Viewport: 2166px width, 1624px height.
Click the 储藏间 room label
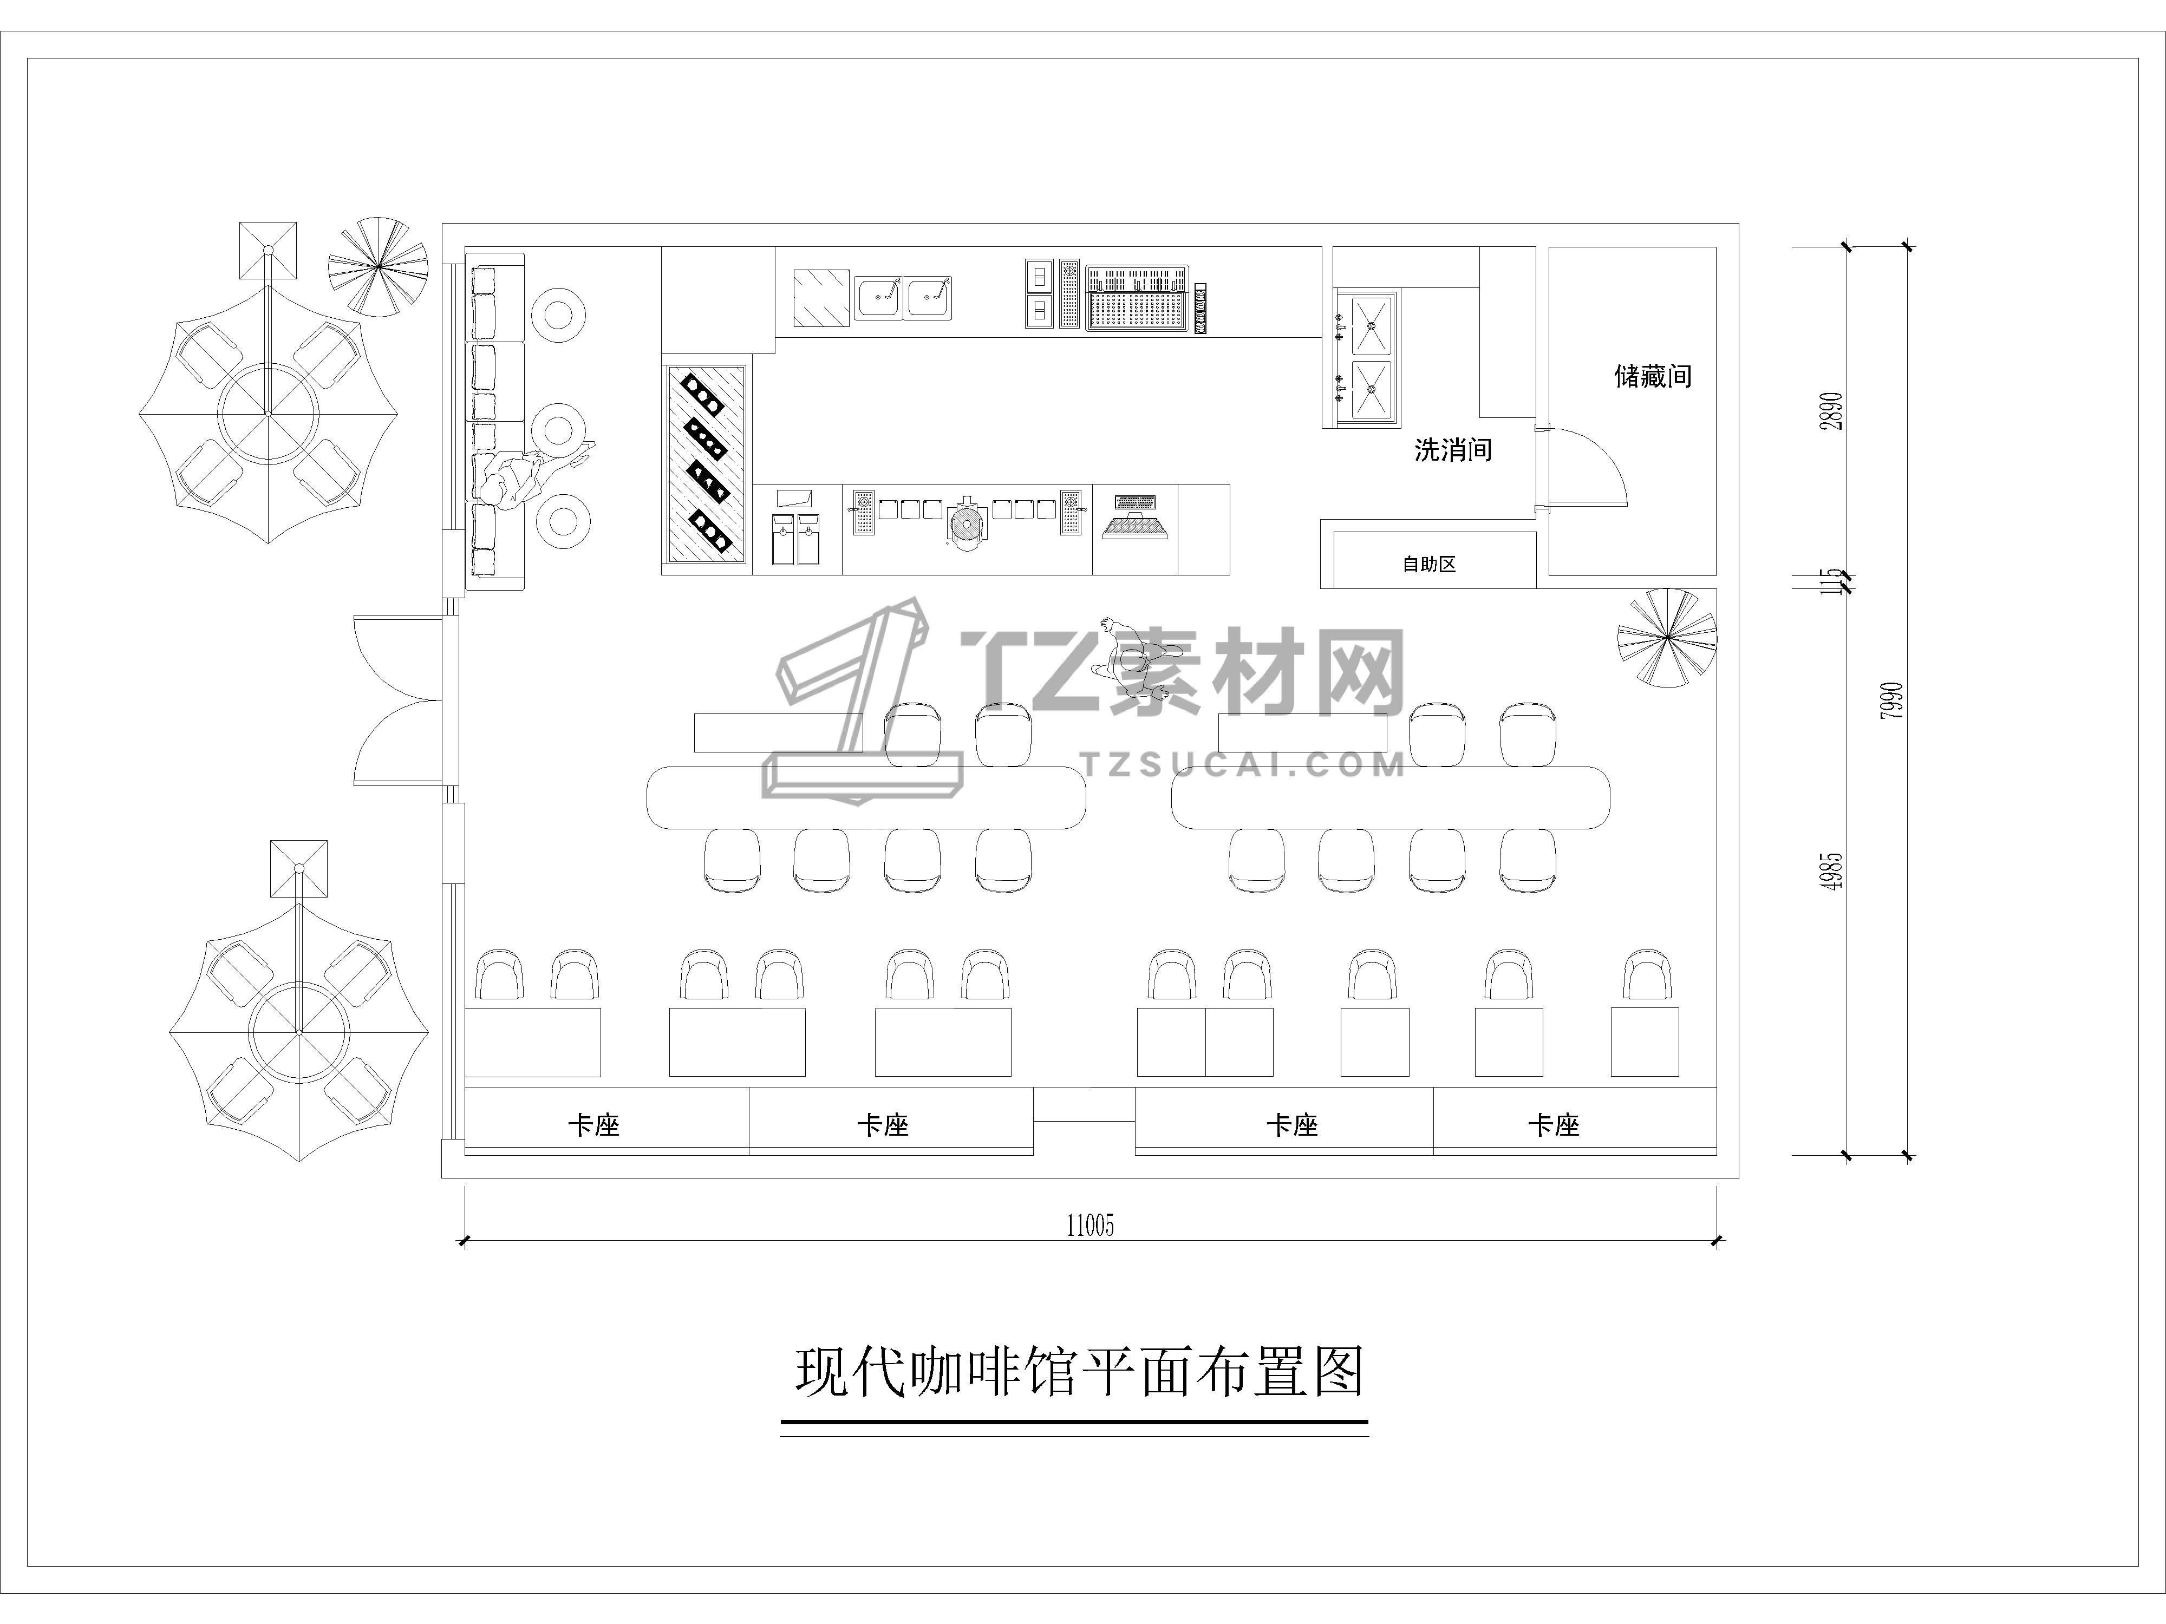(x=1653, y=376)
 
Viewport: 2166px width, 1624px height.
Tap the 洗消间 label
(x=1453, y=450)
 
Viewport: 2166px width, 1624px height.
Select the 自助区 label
(x=1430, y=564)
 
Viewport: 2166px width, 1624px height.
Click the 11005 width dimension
(x=1090, y=1226)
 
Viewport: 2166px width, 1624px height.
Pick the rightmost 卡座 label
(x=1554, y=1126)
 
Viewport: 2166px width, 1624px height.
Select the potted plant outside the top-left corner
(x=378, y=266)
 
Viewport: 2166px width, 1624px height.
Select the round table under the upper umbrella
(x=268, y=413)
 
